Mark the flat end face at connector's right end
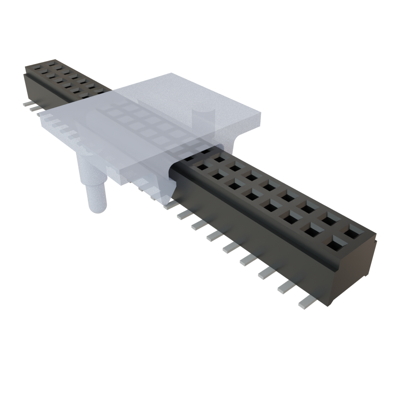click(x=354, y=273)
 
